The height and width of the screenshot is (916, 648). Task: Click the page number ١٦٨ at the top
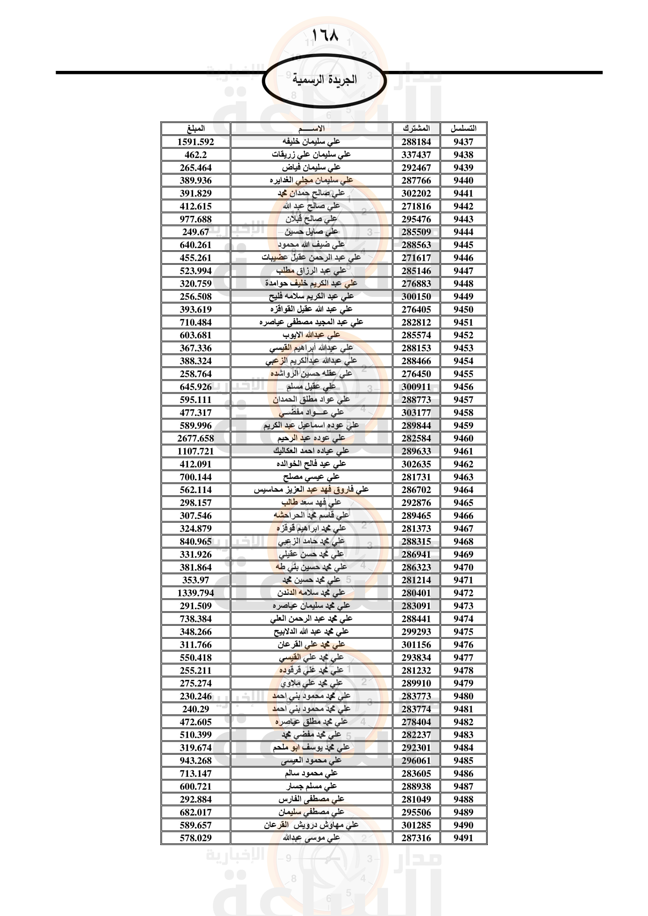[324, 36]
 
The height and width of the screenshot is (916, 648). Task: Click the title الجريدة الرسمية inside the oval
[324, 79]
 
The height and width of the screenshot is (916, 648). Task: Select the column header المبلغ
[195, 128]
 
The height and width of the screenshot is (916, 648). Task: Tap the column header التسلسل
[463, 128]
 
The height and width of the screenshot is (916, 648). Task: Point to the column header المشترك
[416, 128]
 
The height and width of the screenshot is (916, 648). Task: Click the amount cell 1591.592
[195, 142]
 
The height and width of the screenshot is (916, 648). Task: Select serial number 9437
[463, 142]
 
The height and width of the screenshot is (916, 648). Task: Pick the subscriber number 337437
[416, 155]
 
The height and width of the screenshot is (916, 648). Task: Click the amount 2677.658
[195, 438]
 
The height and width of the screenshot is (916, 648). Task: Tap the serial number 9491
[463, 838]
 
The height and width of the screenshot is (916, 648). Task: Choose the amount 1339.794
[195, 593]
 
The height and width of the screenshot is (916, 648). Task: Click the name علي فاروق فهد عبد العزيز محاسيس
[311, 490]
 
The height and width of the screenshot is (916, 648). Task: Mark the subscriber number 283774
[416, 709]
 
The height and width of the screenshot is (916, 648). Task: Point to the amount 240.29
[195, 709]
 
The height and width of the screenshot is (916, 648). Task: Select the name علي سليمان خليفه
[311, 142]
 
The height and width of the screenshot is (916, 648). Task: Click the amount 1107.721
[195, 451]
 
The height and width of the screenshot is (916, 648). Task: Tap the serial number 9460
[463, 438]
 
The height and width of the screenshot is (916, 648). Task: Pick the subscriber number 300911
[416, 387]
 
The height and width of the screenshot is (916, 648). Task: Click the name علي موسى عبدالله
[311, 838]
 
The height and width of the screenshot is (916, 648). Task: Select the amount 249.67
[195, 232]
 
